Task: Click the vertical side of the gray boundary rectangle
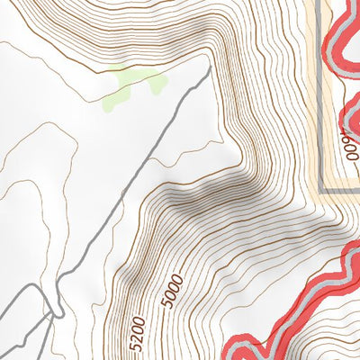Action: pyautogui.click(x=322, y=90)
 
